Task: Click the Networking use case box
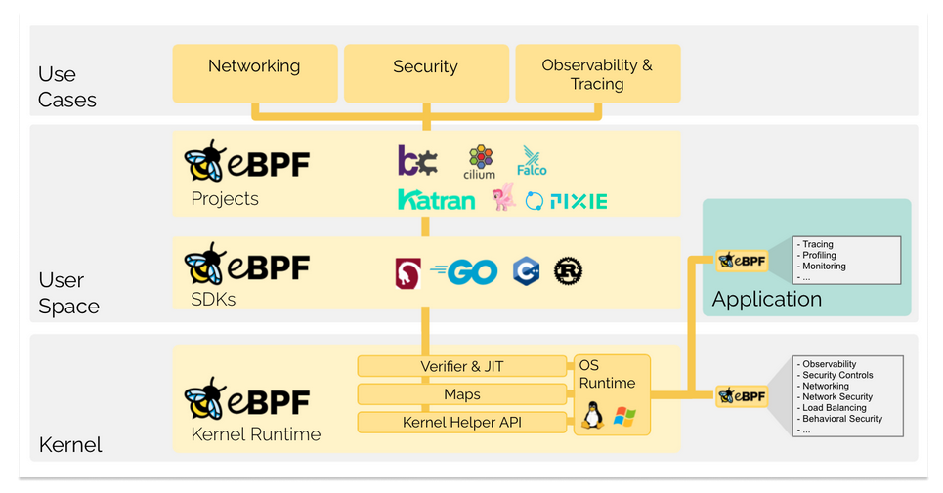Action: (x=254, y=73)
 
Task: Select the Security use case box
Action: (x=425, y=73)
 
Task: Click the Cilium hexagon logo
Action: (x=480, y=161)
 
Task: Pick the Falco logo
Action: (x=532, y=161)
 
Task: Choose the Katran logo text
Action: (x=436, y=201)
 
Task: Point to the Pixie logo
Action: (x=566, y=201)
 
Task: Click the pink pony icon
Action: (x=503, y=199)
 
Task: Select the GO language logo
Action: (x=464, y=271)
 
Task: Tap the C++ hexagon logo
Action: (x=525, y=271)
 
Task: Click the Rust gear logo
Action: (x=569, y=271)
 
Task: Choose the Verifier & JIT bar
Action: (x=462, y=367)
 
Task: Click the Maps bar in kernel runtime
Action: (x=462, y=394)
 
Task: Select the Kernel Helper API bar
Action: (x=462, y=423)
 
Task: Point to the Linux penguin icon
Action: (x=592, y=418)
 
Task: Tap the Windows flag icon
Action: (x=623, y=418)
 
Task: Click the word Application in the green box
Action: (x=767, y=299)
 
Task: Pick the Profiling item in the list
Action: (x=819, y=255)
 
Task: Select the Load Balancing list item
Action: (x=834, y=408)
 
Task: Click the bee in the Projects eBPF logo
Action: (x=206, y=162)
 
